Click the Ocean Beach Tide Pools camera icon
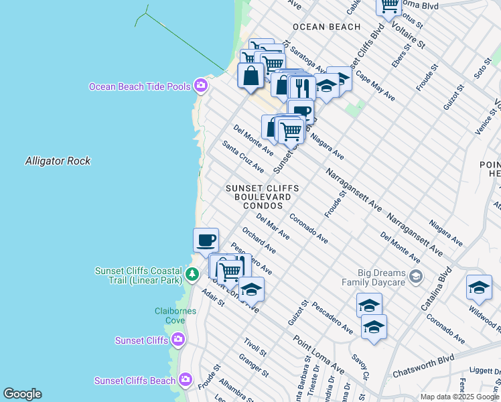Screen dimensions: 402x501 coord(200,85)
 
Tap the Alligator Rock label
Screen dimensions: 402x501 coord(58,161)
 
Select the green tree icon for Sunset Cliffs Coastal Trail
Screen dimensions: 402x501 coord(192,274)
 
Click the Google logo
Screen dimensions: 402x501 coord(22,394)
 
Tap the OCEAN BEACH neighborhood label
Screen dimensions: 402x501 coord(326,27)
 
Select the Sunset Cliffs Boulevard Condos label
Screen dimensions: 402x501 coord(262,197)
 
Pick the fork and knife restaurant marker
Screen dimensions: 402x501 coord(302,88)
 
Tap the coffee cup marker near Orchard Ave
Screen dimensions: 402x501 coord(206,240)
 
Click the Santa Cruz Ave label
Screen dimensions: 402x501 coord(243,156)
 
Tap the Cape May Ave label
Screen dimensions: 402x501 coord(374,86)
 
